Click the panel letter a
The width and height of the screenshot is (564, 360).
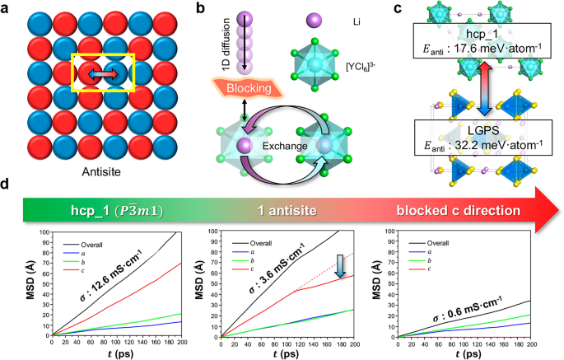tap(6, 7)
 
